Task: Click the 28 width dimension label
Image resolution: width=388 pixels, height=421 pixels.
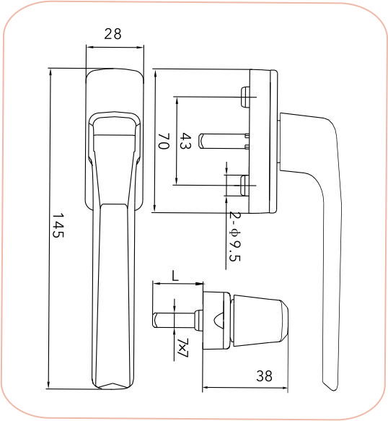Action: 113,34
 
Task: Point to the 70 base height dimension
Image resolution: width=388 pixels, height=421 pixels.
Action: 164,141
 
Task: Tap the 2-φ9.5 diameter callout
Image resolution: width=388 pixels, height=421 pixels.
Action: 234,238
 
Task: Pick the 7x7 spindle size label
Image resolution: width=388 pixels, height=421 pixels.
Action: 182,347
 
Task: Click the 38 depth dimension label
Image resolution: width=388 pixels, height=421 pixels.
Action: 265,376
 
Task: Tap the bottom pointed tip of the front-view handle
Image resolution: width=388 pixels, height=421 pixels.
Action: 114,386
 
